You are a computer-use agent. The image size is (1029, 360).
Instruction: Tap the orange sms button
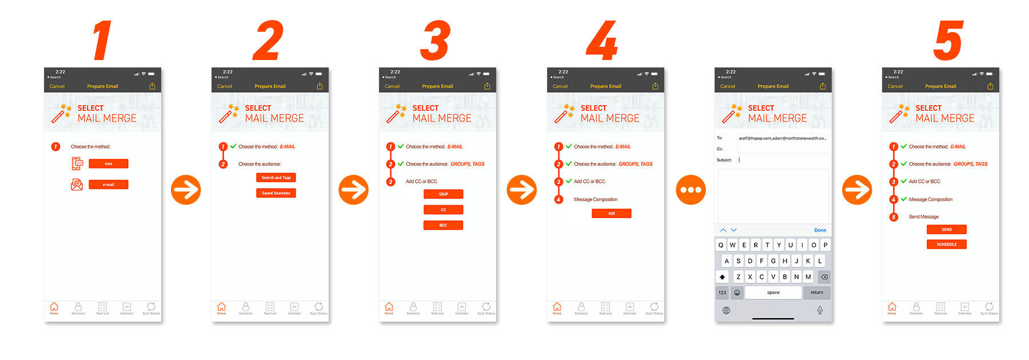(108, 164)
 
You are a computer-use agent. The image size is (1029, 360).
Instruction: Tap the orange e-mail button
(108, 185)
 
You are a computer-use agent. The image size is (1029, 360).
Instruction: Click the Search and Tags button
(276, 178)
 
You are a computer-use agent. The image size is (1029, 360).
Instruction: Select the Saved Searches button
(276, 193)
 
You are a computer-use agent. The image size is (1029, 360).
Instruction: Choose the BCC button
(443, 225)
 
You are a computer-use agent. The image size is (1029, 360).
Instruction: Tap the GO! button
(611, 213)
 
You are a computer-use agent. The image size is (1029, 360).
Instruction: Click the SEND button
(946, 229)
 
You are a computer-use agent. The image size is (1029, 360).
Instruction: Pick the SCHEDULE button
(946, 244)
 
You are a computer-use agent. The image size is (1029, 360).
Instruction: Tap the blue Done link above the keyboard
(820, 230)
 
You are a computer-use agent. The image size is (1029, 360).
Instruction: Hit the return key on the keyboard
(816, 293)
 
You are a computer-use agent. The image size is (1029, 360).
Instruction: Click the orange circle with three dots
(691, 190)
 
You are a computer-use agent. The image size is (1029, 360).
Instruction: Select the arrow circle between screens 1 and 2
(186, 190)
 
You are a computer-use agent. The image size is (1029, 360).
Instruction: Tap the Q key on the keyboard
(721, 245)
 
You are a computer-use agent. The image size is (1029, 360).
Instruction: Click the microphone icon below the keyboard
(820, 310)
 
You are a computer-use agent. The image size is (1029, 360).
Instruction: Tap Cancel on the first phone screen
(57, 86)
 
